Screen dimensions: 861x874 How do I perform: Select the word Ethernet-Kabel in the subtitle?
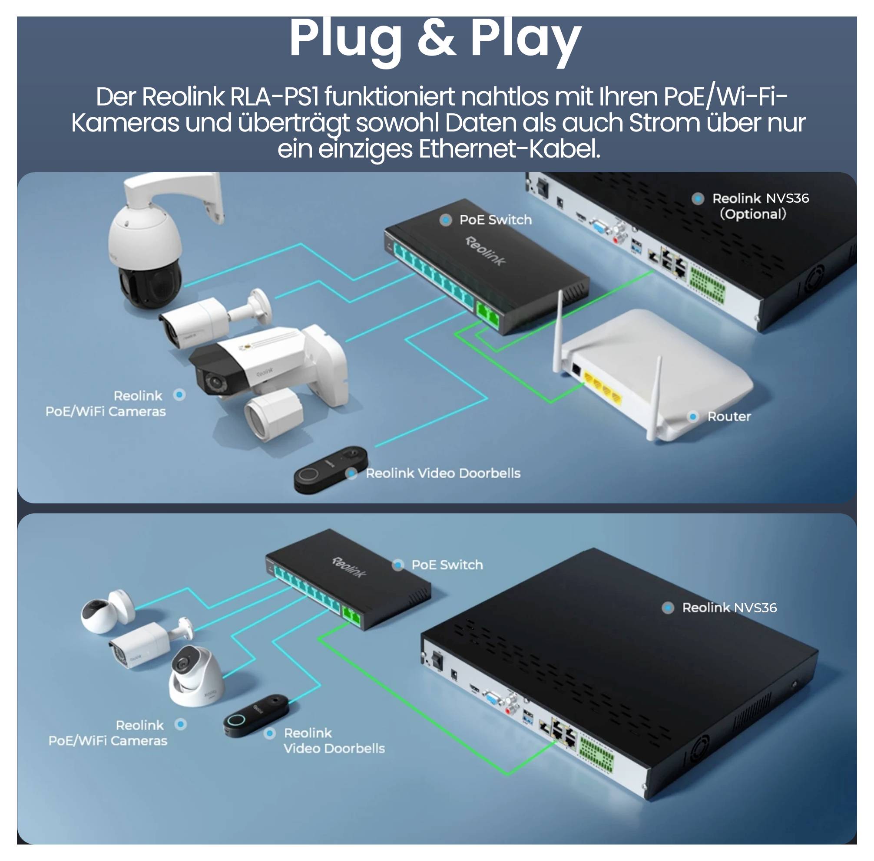510,149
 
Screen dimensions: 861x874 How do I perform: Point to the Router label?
728,416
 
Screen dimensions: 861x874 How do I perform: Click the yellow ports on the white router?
602,387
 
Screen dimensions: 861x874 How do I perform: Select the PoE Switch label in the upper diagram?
495,220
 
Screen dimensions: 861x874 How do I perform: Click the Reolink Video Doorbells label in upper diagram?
442,473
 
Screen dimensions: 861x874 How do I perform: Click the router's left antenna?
558,332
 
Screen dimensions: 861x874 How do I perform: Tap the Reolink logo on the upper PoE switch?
485,251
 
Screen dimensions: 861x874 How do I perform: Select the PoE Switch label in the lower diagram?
447,565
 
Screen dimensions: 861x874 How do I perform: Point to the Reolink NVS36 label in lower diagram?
729,608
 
